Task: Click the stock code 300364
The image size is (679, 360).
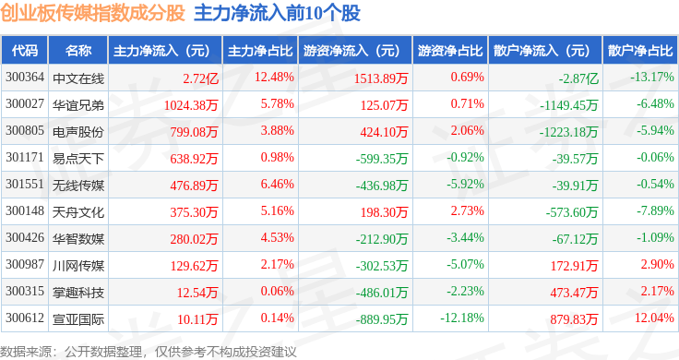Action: point(25,78)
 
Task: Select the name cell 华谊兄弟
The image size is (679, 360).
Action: point(78,105)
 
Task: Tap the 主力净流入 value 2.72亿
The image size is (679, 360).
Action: point(200,78)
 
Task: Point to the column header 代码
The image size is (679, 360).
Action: point(25,51)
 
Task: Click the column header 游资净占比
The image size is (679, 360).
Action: point(450,51)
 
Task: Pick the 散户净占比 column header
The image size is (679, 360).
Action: point(640,51)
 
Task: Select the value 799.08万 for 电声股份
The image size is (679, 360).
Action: point(194,132)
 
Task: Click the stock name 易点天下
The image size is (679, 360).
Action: point(78,159)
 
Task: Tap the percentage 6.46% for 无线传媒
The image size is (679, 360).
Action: point(277,184)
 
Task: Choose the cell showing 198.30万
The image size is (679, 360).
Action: point(384,211)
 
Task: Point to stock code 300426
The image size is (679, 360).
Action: point(25,237)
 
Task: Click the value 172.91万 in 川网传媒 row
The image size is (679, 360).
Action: point(574,266)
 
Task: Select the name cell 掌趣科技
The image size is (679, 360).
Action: point(78,293)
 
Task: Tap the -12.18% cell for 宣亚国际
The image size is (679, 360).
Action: point(462,318)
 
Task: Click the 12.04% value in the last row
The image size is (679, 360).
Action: point(654,318)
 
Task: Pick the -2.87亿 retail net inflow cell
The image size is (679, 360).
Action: point(578,78)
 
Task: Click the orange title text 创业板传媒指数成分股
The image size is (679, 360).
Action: point(92,13)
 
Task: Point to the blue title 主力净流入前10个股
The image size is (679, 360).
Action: point(277,13)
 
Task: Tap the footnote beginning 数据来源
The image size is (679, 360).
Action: point(149,352)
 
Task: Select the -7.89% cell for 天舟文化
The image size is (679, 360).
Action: point(655,211)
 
